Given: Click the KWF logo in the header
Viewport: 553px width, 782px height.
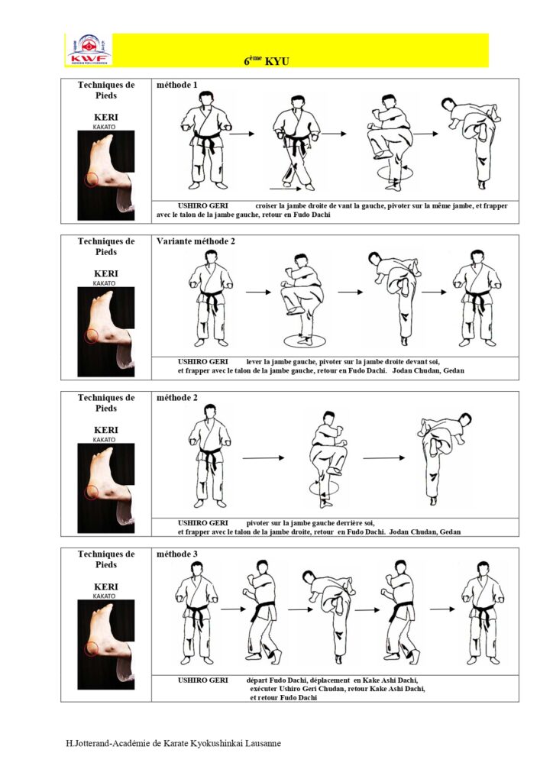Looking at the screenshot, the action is point(89,50).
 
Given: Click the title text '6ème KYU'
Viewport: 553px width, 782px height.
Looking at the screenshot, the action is point(267,61).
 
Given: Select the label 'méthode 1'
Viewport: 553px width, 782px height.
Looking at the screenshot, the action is point(177,85).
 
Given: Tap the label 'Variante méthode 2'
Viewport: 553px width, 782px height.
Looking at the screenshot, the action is point(196,241).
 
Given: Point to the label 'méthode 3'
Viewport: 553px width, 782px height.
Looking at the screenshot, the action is point(177,554).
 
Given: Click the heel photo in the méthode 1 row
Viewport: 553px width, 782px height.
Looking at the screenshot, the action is point(105,175).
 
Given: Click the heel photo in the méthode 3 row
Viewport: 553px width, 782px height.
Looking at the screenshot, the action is point(105,645).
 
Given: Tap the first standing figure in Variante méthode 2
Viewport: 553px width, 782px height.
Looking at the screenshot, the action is point(211,299).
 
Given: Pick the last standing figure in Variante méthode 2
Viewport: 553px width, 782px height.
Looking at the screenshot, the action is point(477,299).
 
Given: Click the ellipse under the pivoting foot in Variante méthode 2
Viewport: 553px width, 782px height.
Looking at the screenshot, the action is point(305,341).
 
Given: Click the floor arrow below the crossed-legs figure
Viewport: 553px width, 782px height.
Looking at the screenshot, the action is point(285,189).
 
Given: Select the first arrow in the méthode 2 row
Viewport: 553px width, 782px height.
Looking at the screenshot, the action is point(264,458).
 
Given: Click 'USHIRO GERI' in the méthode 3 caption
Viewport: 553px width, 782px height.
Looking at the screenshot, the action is point(203,680).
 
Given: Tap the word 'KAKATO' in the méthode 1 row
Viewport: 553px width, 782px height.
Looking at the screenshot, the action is point(104,128).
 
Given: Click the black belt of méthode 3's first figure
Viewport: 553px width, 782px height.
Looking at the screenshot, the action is point(196,611).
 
